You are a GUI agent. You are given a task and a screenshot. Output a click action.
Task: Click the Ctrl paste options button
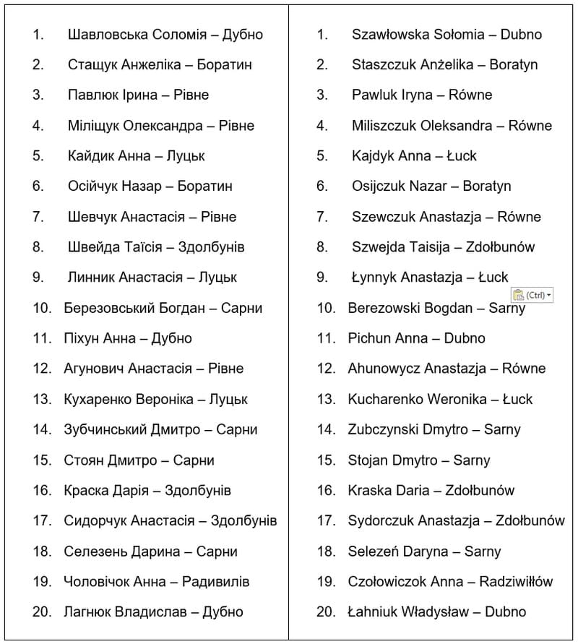click(x=532, y=295)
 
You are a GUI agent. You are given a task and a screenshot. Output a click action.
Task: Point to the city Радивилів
click(x=216, y=581)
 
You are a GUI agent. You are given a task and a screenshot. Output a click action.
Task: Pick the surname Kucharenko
click(x=386, y=399)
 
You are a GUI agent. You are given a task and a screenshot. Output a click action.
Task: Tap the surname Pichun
click(x=368, y=338)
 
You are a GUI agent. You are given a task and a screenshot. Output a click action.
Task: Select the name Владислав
click(x=147, y=611)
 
